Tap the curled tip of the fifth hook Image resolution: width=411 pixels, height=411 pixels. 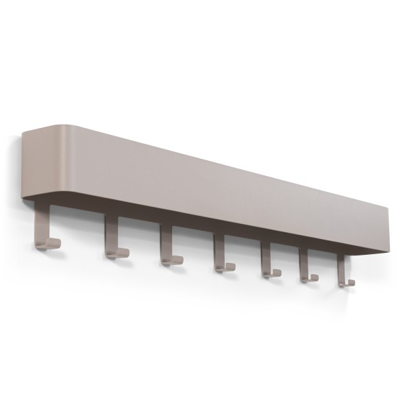pyautogui.click(x=277, y=272)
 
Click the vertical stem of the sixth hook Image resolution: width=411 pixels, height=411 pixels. pyautogui.click(x=303, y=264)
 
